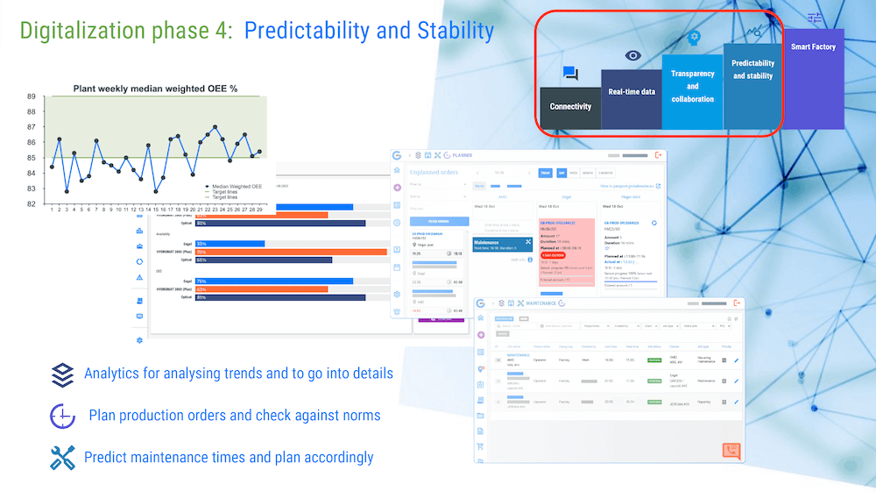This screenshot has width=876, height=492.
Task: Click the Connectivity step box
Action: click(570, 107)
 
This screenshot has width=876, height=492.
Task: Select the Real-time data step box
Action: click(632, 92)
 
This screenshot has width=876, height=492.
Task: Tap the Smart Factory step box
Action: click(813, 47)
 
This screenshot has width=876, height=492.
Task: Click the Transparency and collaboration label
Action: click(692, 86)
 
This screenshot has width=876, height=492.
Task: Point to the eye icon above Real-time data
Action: click(632, 55)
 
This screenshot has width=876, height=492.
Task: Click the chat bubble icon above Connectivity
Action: click(570, 74)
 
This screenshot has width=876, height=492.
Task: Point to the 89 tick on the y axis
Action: click(32, 97)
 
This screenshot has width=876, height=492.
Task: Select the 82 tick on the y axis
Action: click(32, 203)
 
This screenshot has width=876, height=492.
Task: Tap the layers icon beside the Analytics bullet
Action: click(62, 374)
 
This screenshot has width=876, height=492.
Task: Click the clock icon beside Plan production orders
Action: click(62, 415)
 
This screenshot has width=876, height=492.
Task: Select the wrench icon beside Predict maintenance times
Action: click(62, 457)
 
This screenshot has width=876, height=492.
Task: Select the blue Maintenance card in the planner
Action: click(502, 244)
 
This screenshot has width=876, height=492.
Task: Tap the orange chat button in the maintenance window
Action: click(731, 451)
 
